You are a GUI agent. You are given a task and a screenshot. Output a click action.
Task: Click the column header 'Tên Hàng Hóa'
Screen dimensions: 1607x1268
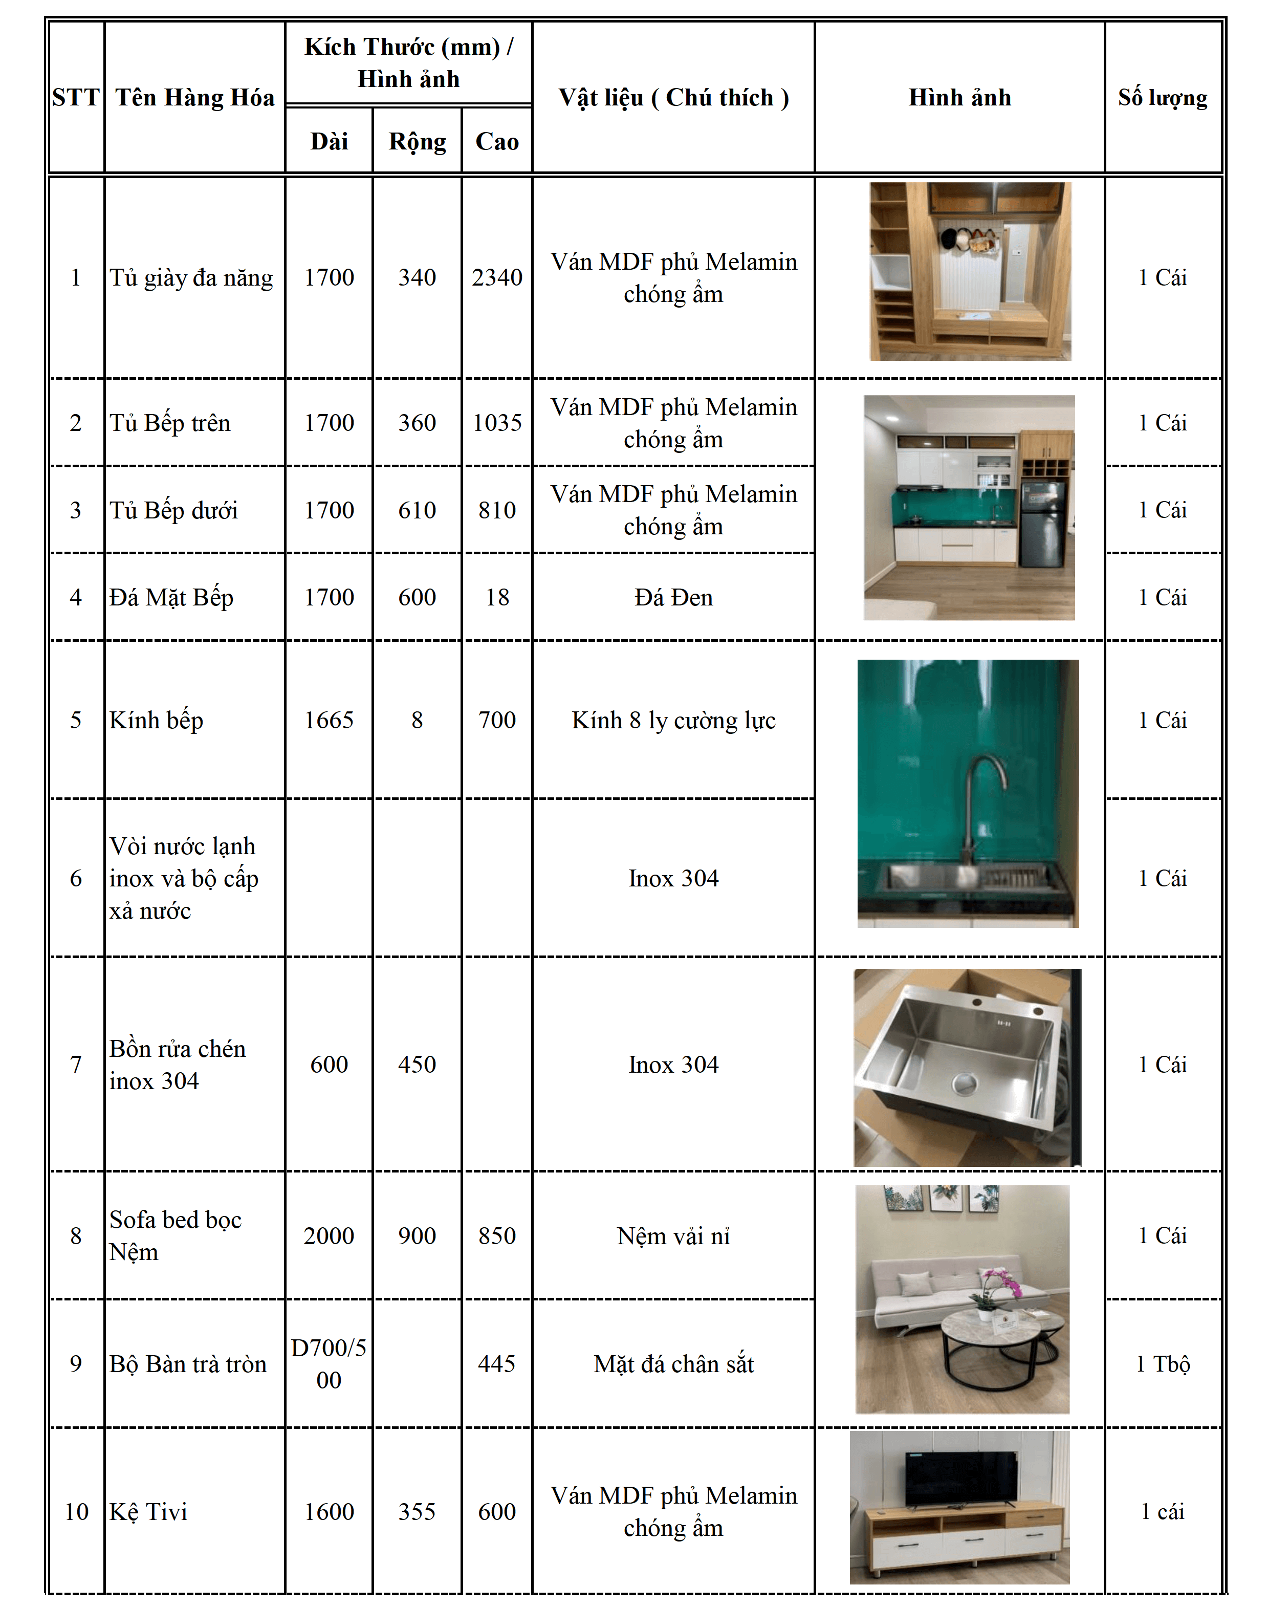(194, 97)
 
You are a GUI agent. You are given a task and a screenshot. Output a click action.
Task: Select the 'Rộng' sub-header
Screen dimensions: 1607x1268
(417, 141)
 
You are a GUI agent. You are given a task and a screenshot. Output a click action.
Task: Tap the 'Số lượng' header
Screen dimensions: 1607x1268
(1163, 97)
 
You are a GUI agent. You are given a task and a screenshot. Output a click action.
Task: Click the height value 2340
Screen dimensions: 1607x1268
(497, 277)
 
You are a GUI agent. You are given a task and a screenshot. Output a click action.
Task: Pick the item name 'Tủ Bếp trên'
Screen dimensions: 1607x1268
(170, 423)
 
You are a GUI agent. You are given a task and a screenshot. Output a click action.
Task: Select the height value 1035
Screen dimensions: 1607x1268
(497, 423)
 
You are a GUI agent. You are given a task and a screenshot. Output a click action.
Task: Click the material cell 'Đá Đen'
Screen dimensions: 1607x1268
(673, 597)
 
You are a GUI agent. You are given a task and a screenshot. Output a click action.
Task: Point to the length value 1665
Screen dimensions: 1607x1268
(329, 720)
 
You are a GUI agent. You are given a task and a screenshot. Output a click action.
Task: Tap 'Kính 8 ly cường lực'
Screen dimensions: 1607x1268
(673, 720)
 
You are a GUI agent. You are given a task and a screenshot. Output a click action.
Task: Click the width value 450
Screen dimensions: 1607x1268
(417, 1064)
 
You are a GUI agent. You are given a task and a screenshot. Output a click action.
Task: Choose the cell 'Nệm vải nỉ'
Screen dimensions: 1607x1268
(673, 1235)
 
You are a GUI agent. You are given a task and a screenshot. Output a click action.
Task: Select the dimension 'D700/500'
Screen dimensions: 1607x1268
(329, 1363)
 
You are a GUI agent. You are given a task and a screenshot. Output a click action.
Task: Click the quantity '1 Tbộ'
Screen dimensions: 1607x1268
(1163, 1363)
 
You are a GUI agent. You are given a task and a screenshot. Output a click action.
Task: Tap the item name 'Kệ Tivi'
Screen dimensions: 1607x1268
(148, 1511)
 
